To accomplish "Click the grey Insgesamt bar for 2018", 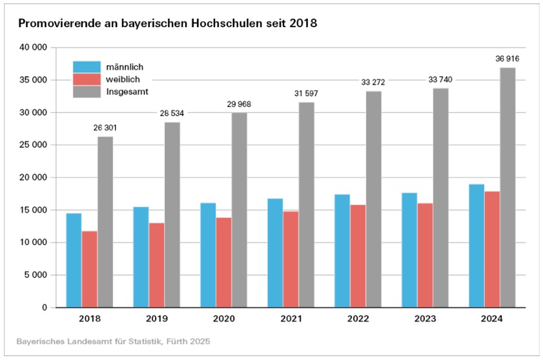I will (x=105, y=222).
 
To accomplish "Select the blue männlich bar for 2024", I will (x=476, y=246).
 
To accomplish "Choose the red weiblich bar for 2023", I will (x=425, y=255).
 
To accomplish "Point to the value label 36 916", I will (x=507, y=59).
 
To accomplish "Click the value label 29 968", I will (x=239, y=105).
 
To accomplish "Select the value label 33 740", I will (x=440, y=80).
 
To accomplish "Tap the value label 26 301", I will (x=105, y=128).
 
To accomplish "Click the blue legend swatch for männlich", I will (x=87, y=66).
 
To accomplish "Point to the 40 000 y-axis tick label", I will (x=35, y=48).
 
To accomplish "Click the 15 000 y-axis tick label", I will (x=35, y=210).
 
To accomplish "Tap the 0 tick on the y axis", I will (x=45, y=308).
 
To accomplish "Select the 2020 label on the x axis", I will (x=223, y=319).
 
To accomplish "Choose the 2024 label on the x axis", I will (x=492, y=319).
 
